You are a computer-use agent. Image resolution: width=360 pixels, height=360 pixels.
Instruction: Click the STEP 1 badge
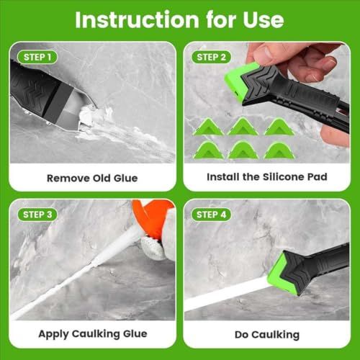[x=37, y=57]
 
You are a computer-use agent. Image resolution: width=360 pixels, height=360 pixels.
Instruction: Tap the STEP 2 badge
[x=211, y=57]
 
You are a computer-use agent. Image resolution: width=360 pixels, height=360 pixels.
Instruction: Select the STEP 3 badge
[x=37, y=215]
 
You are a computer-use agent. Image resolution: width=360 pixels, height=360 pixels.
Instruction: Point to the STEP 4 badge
[x=211, y=215]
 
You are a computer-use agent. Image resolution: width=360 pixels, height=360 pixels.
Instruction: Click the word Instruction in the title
[x=137, y=20]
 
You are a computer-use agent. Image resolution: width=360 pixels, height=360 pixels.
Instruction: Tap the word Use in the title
[x=264, y=20]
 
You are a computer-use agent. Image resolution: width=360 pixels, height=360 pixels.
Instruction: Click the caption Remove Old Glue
[x=92, y=178]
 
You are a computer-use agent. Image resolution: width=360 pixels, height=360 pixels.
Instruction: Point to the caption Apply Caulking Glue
[x=93, y=334]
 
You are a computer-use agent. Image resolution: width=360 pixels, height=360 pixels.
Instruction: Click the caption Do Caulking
[x=267, y=335]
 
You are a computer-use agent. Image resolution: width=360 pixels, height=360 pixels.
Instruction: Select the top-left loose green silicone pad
[x=208, y=127]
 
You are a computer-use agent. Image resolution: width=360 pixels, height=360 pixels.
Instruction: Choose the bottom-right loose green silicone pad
[x=279, y=150]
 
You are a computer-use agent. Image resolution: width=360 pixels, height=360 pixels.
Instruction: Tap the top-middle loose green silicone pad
[x=243, y=127]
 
